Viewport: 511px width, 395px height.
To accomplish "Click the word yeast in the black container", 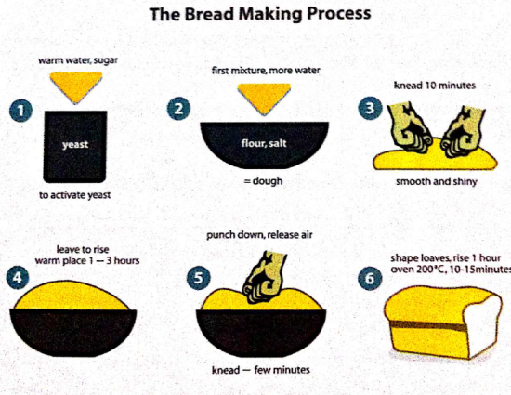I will coord(74,145).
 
